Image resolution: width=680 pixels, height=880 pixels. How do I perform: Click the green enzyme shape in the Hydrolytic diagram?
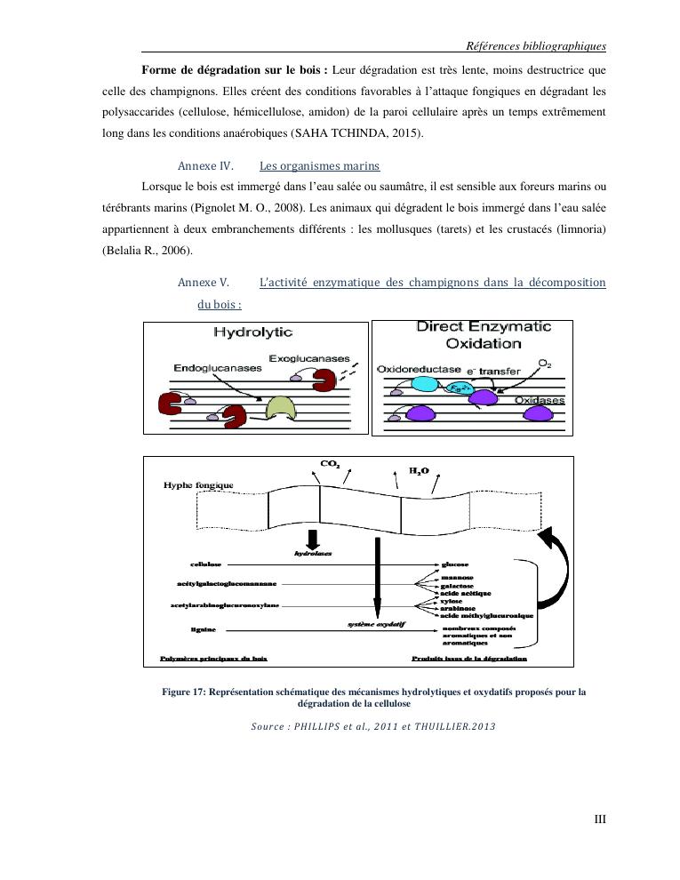pyautogui.click(x=283, y=410)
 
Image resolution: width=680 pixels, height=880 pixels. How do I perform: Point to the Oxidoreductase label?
pyautogui.click(x=420, y=368)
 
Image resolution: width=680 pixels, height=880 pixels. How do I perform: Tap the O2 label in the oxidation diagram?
pyautogui.click(x=545, y=364)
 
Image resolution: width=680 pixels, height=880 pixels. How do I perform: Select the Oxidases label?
pyautogui.click(x=540, y=401)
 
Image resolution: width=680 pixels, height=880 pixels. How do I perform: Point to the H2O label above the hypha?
pyautogui.click(x=418, y=468)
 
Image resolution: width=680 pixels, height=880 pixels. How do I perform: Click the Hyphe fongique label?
pyautogui.click(x=198, y=485)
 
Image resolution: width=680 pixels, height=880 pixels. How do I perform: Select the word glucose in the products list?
pyautogui.click(x=454, y=564)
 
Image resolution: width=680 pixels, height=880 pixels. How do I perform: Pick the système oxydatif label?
pyautogui.click(x=375, y=624)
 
